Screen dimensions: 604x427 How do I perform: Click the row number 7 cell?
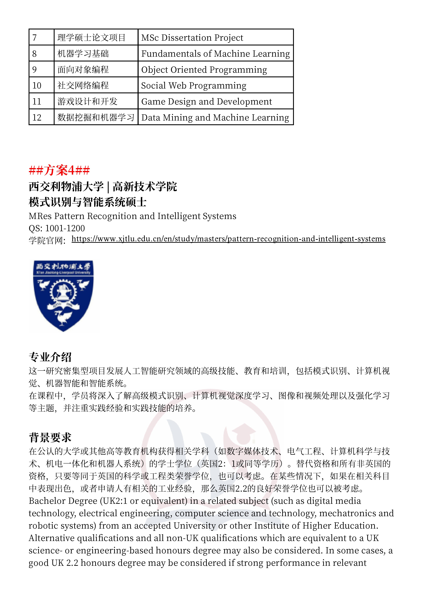[41, 37]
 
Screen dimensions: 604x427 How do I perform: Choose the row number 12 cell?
[41, 117]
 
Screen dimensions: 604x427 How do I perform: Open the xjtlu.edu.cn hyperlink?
[228, 239]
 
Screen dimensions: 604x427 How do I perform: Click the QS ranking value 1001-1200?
[65, 228]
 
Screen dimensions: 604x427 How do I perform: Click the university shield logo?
[63, 295]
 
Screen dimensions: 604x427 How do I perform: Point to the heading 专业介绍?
[50, 357]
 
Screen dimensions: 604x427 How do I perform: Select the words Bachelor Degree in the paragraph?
[63, 501]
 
